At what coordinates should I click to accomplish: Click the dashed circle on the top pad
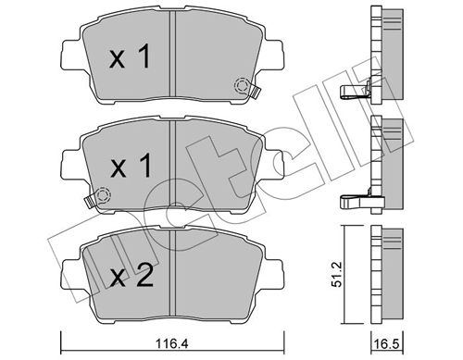pyautogui.click(x=244, y=86)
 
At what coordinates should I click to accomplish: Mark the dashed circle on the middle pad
pyautogui.click(x=103, y=195)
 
